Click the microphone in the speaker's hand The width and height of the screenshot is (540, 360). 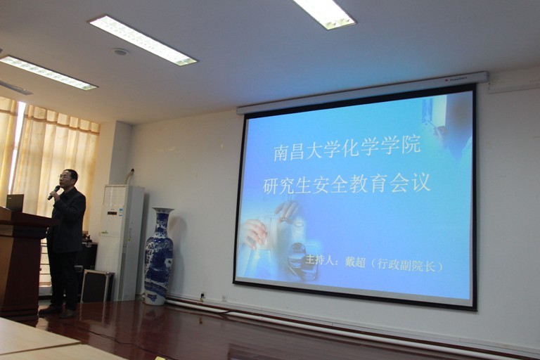(x=53, y=193)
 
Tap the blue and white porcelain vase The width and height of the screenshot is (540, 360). (x=158, y=257)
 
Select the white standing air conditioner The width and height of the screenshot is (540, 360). (x=120, y=243)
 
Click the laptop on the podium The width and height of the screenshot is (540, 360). (x=15, y=202)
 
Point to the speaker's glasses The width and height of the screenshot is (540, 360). (x=65, y=177)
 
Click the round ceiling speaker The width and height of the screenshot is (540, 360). (x=120, y=52)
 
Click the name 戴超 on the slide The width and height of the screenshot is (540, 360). (x=355, y=262)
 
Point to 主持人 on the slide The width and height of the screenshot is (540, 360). (x=319, y=259)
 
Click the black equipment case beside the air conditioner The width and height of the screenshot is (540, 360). (x=97, y=286)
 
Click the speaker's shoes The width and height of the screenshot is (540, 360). (x=58, y=311)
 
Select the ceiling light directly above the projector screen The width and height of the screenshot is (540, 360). (x=324, y=13)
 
